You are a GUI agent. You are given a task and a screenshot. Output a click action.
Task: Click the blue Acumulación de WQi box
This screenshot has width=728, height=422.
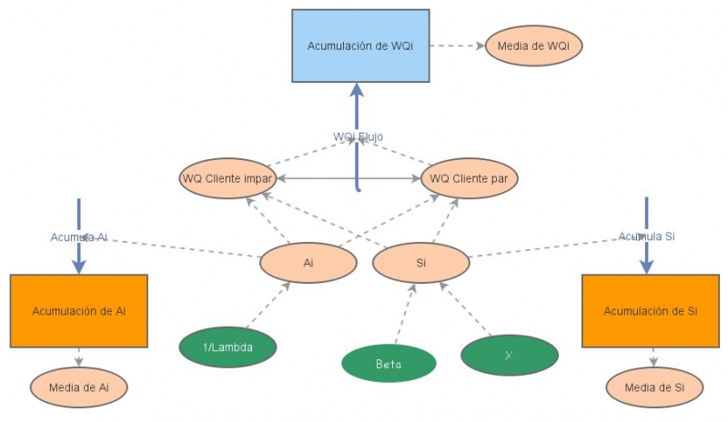(x=360, y=45)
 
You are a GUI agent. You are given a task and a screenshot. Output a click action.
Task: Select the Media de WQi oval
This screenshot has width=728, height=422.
(x=533, y=45)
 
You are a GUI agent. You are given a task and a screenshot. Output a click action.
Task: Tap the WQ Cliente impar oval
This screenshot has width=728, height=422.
(x=227, y=177)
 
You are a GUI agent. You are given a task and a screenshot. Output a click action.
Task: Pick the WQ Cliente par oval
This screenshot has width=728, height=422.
(x=469, y=177)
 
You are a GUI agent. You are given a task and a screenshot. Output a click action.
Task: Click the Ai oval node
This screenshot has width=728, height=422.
(x=308, y=264)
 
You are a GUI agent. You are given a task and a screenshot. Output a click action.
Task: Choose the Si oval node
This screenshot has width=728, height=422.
(x=421, y=264)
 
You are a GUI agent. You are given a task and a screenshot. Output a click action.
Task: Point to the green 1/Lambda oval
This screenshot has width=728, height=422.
(x=227, y=347)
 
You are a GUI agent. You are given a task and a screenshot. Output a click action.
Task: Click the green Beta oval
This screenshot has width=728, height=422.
(x=389, y=364)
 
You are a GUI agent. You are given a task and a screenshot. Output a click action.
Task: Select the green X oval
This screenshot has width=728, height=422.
(x=509, y=355)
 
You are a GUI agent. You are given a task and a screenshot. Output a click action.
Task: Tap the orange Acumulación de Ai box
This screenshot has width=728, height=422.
(x=78, y=311)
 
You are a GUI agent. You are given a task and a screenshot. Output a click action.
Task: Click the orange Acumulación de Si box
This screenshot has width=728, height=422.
(x=650, y=311)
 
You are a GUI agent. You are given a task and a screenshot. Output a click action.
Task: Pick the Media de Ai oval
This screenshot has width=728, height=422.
(x=78, y=388)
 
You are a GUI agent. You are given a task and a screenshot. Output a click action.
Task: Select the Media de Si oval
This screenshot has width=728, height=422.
(x=653, y=388)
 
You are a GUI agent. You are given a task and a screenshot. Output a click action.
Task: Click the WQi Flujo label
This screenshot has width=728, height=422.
(x=358, y=137)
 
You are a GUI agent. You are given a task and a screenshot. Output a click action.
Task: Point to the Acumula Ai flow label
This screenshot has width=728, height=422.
(x=79, y=236)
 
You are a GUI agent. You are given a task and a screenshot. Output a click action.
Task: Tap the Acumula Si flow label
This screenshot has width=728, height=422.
(x=646, y=236)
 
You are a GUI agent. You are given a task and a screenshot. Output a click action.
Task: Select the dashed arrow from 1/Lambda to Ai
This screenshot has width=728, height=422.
(x=268, y=306)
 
